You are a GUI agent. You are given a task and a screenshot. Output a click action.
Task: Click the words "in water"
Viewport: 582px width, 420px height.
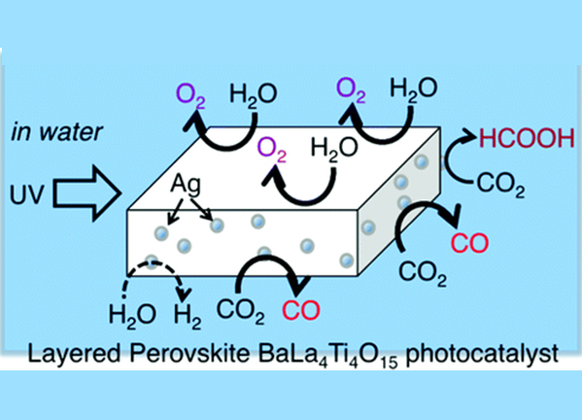(56, 132)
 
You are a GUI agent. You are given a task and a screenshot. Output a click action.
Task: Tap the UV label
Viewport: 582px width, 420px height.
(27, 194)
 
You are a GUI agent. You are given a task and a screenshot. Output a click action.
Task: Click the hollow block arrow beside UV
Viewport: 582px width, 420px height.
(87, 193)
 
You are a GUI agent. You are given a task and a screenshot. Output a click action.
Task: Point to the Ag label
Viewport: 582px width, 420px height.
(186, 184)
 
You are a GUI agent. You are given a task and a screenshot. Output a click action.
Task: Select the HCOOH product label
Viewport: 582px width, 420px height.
(527, 138)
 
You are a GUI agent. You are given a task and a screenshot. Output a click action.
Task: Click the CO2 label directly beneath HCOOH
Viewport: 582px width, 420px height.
(500, 184)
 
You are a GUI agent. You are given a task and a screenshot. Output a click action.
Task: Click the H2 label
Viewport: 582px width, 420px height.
(188, 316)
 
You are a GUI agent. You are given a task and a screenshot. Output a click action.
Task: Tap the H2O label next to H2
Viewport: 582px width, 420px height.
(132, 316)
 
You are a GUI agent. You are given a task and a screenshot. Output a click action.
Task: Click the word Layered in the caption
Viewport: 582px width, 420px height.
(74, 354)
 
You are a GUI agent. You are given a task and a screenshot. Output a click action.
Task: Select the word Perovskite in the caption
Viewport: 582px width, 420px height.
(189, 353)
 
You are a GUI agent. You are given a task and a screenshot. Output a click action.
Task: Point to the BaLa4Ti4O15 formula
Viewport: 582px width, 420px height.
(327, 356)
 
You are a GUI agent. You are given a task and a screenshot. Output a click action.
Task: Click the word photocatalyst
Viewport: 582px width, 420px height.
(482, 354)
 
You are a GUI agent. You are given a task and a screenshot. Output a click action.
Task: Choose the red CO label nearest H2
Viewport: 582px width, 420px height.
(301, 310)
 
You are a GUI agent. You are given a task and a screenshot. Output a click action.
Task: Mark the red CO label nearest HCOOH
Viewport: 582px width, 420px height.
(469, 243)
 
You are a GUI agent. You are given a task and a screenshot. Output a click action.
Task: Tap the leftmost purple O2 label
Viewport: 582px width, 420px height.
(190, 95)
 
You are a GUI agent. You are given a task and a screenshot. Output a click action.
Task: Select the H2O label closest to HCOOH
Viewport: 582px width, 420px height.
(414, 90)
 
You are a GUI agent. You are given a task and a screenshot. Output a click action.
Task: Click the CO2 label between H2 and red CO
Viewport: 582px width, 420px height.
(241, 312)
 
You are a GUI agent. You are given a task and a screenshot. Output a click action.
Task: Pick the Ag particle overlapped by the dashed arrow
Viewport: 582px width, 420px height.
(152, 262)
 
